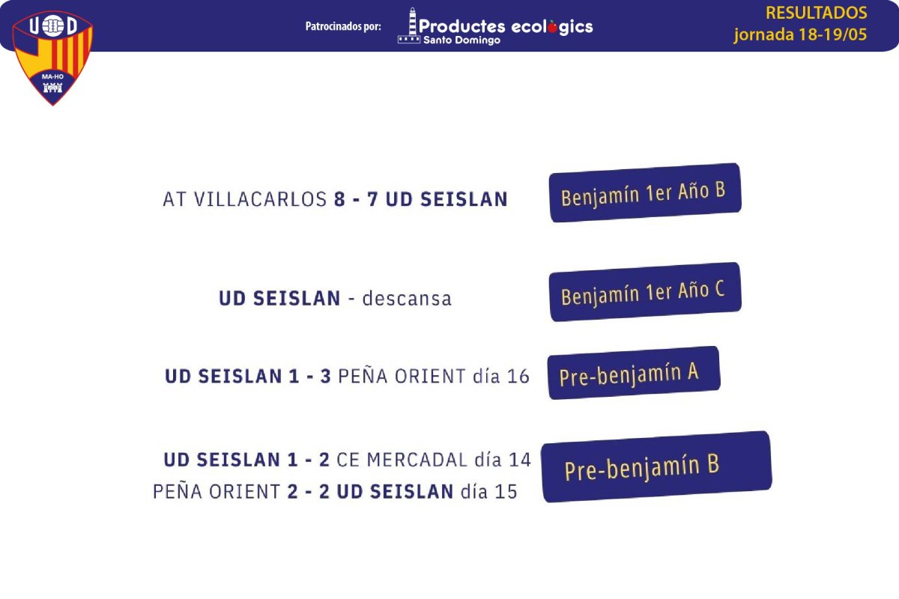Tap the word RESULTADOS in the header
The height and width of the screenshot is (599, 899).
pyautogui.click(x=817, y=13)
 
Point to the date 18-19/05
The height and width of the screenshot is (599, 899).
pyautogui.click(x=833, y=34)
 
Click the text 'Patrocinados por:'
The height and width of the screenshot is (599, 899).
pyautogui.click(x=343, y=26)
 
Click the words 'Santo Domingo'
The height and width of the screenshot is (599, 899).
pyautogui.click(x=462, y=40)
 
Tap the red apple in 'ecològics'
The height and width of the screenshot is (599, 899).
pyautogui.click(x=553, y=26)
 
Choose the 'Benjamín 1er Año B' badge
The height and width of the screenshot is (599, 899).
pyautogui.click(x=645, y=192)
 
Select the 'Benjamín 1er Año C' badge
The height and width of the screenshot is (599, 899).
pyautogui.click(x=645, y=292)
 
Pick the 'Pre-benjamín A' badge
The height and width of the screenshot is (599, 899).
pyautogui.click(x=634, y=373)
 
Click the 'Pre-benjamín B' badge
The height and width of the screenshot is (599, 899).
pyautogui.click(x=656, y=466)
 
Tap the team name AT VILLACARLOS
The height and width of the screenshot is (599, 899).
pyautogui.click(x=245, y=199)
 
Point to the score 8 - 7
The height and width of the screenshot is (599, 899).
pyautogui.click(x=356, y=199)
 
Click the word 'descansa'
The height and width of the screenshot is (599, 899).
pyautogui.click(x=407, y=299)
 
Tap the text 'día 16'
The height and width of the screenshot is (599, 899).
pyautogui.click(x=501, y=377)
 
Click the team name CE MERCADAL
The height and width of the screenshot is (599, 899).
pyautogui.click(x=402, y=460)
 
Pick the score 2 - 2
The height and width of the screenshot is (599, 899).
pyautogui.click(x=309, y=492)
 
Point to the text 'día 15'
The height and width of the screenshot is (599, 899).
pyautogui.click(x=488, y=492)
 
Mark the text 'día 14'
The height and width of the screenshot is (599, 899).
pyautogui.click(x=503, y=460)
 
